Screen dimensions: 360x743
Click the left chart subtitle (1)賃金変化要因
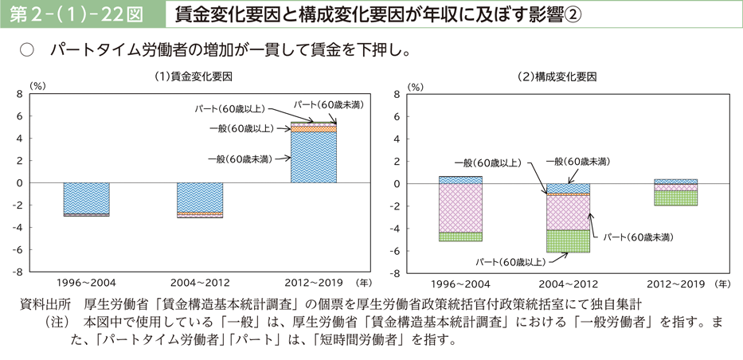tap(195, 77)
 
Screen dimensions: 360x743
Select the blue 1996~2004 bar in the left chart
tap(86, 198)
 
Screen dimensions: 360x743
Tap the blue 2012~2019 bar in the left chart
tap(314, 157)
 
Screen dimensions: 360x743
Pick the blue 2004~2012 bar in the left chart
tap(200, 197)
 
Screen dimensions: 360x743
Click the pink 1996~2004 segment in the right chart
tap(460, 208)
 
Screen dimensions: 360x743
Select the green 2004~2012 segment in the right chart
tap(568, 241)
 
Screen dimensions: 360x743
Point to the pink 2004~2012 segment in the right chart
tap(568, 213)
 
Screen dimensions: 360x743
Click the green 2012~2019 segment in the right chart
tap(675, 198)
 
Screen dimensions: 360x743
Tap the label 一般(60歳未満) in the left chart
tap(239, 158)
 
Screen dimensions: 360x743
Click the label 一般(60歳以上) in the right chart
tap(488, 162)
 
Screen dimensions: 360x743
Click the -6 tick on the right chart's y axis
tap(394, 251)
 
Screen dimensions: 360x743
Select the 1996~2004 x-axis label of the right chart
tap(460, 284)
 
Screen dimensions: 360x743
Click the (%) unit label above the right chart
tap(416, 85)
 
